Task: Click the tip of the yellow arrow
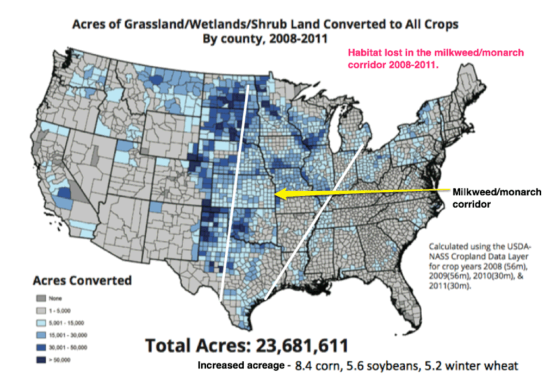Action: tap(275, 193)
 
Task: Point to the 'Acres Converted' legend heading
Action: tap(82, 280)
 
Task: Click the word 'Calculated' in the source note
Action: tap(449, 246)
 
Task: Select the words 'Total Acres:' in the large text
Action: tap(190, 345)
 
